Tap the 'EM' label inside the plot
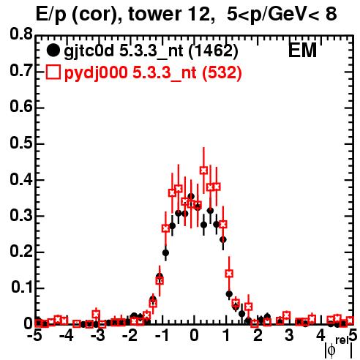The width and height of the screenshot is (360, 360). (302, 50)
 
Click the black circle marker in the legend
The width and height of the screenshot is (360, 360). (53, 50)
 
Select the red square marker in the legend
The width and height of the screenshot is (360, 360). (53, 72)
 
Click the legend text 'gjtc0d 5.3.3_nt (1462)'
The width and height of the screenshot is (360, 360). (151, 51)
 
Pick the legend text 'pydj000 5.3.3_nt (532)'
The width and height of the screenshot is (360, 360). (153, 73)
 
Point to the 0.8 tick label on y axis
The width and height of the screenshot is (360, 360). (21, 34)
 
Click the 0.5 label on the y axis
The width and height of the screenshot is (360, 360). (21, 143)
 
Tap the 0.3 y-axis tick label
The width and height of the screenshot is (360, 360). (21, 216)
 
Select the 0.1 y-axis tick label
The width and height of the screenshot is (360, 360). (22, 288)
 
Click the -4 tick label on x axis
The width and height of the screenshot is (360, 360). (67, 336)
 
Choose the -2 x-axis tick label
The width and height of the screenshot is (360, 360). (130, 336)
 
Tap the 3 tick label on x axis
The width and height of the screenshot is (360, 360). (289, 336)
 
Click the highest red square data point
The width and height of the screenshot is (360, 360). (204, 170)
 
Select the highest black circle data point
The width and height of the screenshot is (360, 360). (191, 196)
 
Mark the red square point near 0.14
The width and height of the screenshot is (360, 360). (229, 274)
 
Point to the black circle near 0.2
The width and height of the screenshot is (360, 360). (165, 252)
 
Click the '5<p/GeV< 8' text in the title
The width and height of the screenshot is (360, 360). (282, 14)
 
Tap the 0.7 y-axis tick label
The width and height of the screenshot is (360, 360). (21, 71)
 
